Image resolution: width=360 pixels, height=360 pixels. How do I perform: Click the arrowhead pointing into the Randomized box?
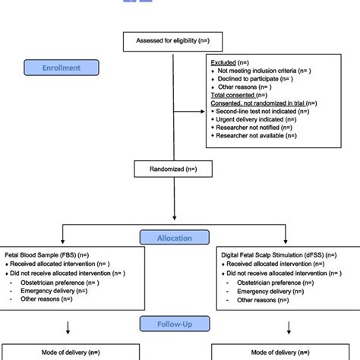174,159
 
